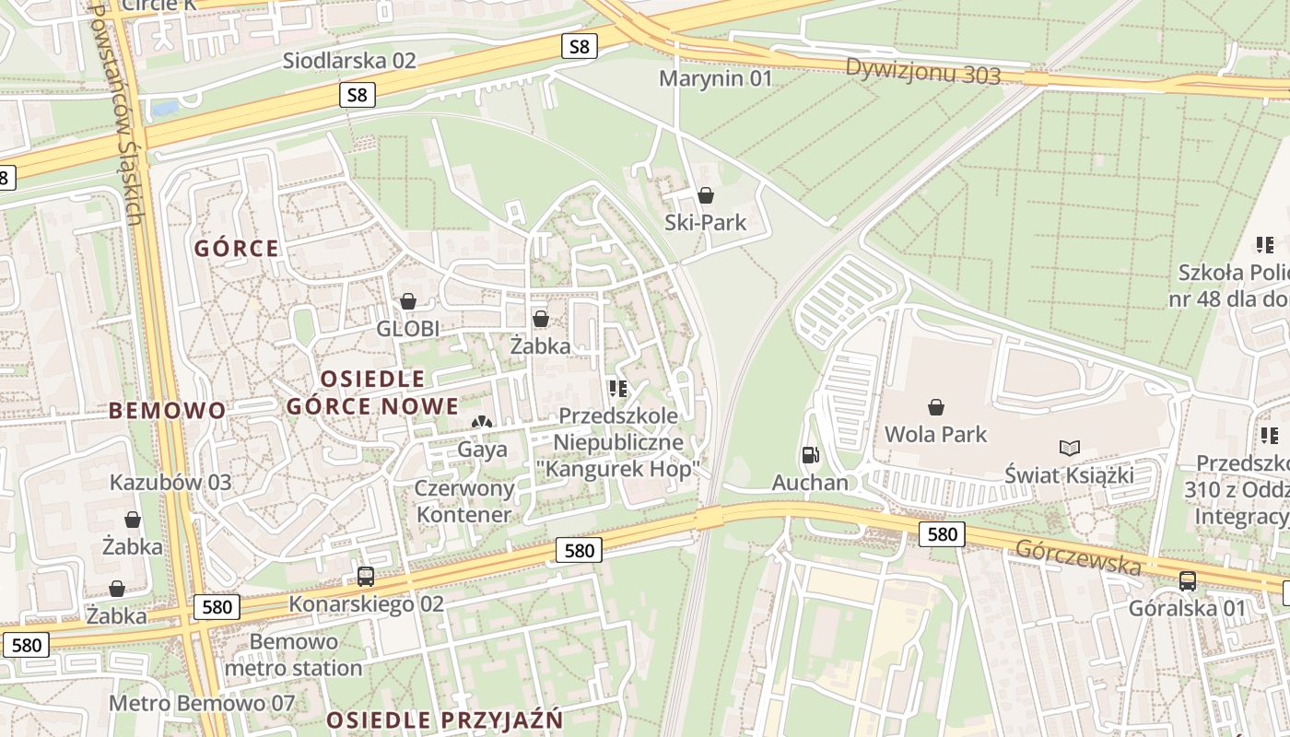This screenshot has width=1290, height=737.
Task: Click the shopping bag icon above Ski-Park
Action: point(706,195)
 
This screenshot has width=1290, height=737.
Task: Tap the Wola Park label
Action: point(935,434)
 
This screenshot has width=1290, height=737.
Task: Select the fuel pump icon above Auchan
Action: point(810,454)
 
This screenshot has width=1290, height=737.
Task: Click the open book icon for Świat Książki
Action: point(1069,449)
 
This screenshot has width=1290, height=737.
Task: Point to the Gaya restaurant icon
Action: point(482,422)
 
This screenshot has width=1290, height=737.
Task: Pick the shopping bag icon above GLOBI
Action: point(408,301)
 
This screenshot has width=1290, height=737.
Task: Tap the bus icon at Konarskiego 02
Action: point(366,577)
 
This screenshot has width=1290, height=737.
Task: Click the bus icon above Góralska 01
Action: point(1187,580)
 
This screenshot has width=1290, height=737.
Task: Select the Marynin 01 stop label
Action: point(715,78)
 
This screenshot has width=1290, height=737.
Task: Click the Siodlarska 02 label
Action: point(349,61)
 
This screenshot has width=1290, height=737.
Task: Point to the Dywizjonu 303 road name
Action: point(922,71)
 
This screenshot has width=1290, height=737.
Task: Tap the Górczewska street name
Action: point(1077,556)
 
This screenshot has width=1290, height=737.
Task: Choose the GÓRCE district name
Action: point(236,249)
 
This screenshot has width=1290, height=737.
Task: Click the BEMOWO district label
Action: point(167,411)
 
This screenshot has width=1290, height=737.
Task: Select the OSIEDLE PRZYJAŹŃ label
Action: point(444,719)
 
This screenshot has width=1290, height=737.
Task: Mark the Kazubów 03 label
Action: point(170,483)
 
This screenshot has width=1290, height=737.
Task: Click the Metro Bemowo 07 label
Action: point(202,704)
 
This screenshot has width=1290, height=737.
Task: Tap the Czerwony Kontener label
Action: point(463,501)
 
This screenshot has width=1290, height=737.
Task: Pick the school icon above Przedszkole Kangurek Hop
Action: point(617,389)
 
